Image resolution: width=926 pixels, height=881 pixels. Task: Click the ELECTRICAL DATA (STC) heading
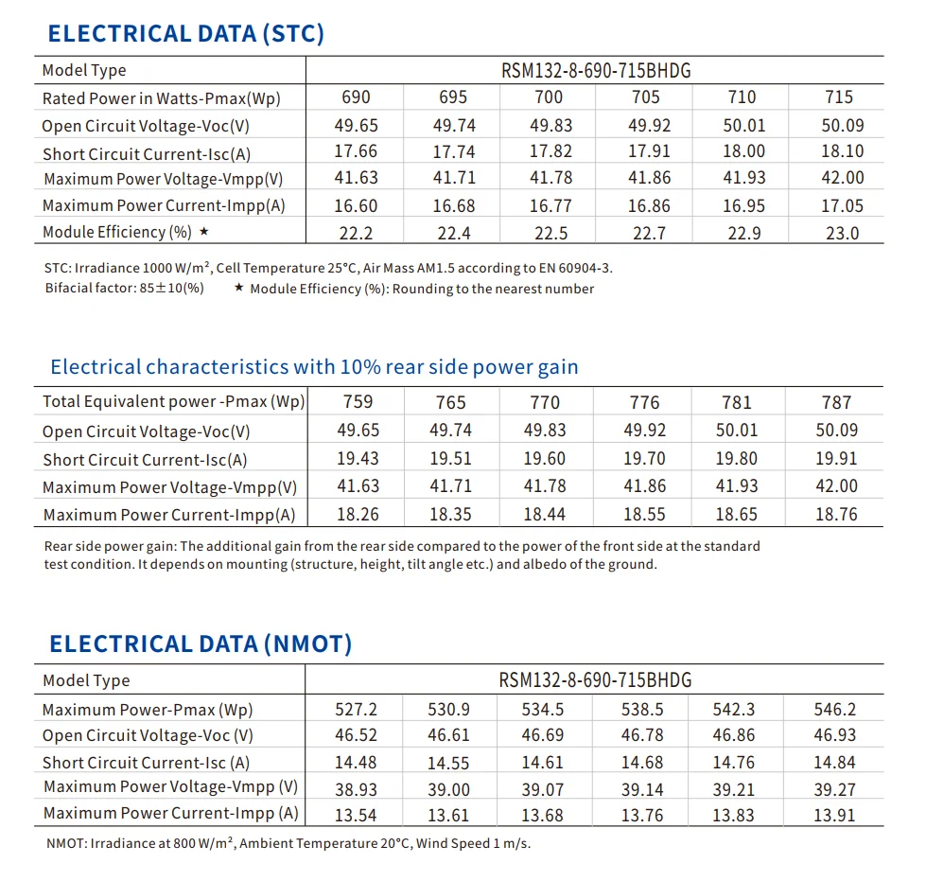pyautogui.click(x=185, y=34)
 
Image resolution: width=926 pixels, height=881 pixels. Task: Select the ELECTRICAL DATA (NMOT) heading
pyautogui.click(x=201, y=644)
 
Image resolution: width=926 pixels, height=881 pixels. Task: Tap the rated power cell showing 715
pyautogui.click(x=838, y=97)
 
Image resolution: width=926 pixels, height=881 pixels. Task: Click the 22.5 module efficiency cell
pyautogui.click(x=549, y=234)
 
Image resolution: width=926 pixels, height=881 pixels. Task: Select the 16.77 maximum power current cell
pyautogui.click(x=549, y=205)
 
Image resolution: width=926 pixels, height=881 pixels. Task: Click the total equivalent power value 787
pyautogui.click(x=836, y=402)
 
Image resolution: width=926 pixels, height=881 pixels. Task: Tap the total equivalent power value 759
pyautogui.click(x=358, y=402)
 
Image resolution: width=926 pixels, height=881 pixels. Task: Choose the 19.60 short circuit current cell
pyautogui.click(x=545, y=459)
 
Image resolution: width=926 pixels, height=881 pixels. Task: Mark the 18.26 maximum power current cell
pyautogui.click(x=358, y=515)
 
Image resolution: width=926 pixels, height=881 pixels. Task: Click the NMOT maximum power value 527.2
pyautogui.click(x=357, y=710)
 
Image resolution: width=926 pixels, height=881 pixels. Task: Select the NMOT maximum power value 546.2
pyautogui.click(x=835, y=710)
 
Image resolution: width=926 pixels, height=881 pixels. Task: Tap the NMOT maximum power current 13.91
pyautogui.click(x=835, y=815)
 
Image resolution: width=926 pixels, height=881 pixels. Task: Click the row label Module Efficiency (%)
pyautogui.click(x=117, y=233)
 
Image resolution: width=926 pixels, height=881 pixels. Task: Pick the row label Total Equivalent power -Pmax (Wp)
pyautogui.click(x=173, y=402)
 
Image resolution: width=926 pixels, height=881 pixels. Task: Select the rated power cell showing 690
pyautogui.click(x=355, y=97)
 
